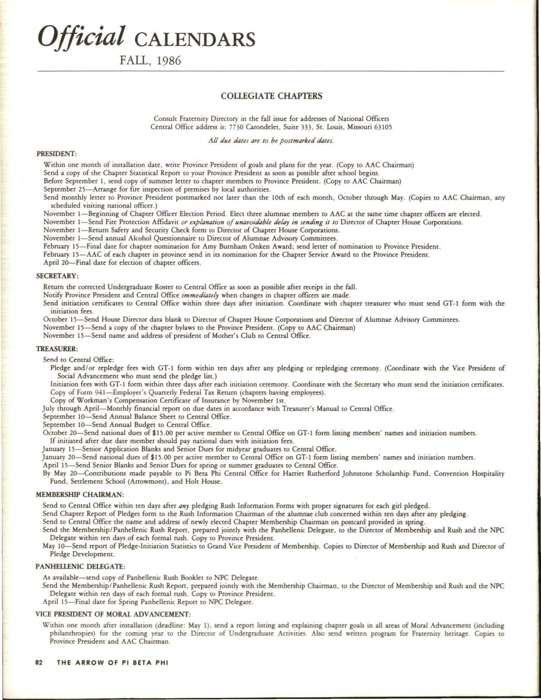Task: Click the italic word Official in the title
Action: [x=82, y=36]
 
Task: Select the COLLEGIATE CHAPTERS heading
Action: [x=271, y=96]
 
